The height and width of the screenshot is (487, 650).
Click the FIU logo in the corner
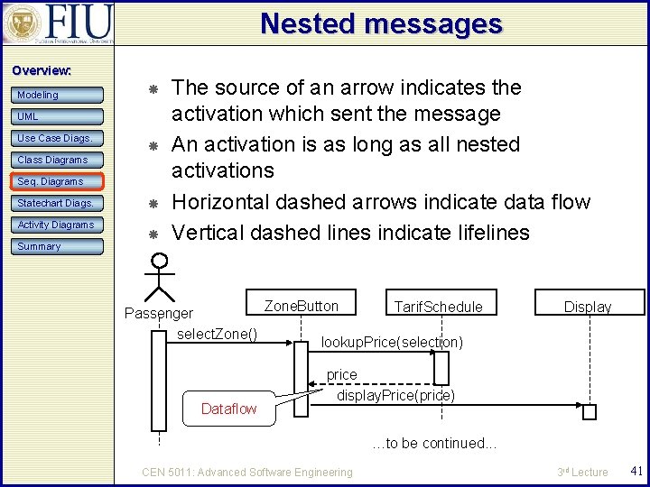pyautogui.click(x=58, y=23)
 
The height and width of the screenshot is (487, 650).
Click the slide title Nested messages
pyautogui.click(x=380, y=23)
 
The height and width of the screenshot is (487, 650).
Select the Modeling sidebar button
pyautogui.click(x=58, y=95)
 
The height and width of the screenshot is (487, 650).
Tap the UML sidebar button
pyautogui.click(x=58, y=116)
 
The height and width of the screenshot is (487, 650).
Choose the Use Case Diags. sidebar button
pyautogui.click(x=58, y=138)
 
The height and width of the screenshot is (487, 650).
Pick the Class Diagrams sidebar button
pyautogui.click(x=58, y=160)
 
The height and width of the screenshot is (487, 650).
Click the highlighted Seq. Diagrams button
pyautogui.click(x=58, y=181)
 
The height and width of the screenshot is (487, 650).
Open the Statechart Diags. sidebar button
pyautogui.click(x=58, y=203)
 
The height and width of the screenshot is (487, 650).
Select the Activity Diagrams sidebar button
pyautogui.click(x=58, y=225)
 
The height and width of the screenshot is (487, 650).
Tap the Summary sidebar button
pyautogui.click(x=58, y=246)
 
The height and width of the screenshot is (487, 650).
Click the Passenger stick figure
pyautogui.click(x=160, y=278)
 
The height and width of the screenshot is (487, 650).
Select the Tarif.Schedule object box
pyautogui.click(x=438, y=307)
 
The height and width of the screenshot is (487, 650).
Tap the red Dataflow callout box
pyautogui.click(x=228, y=409)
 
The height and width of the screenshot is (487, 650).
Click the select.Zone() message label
pyautogui.click(x=218, y=335)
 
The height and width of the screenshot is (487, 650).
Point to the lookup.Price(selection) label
pyautogui.click(x=392, y=343)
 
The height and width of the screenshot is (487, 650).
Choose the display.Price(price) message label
pyautogui.click(x=395, y=395)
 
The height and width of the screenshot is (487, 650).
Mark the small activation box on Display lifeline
pyautogui.click(x=590, y=413)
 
